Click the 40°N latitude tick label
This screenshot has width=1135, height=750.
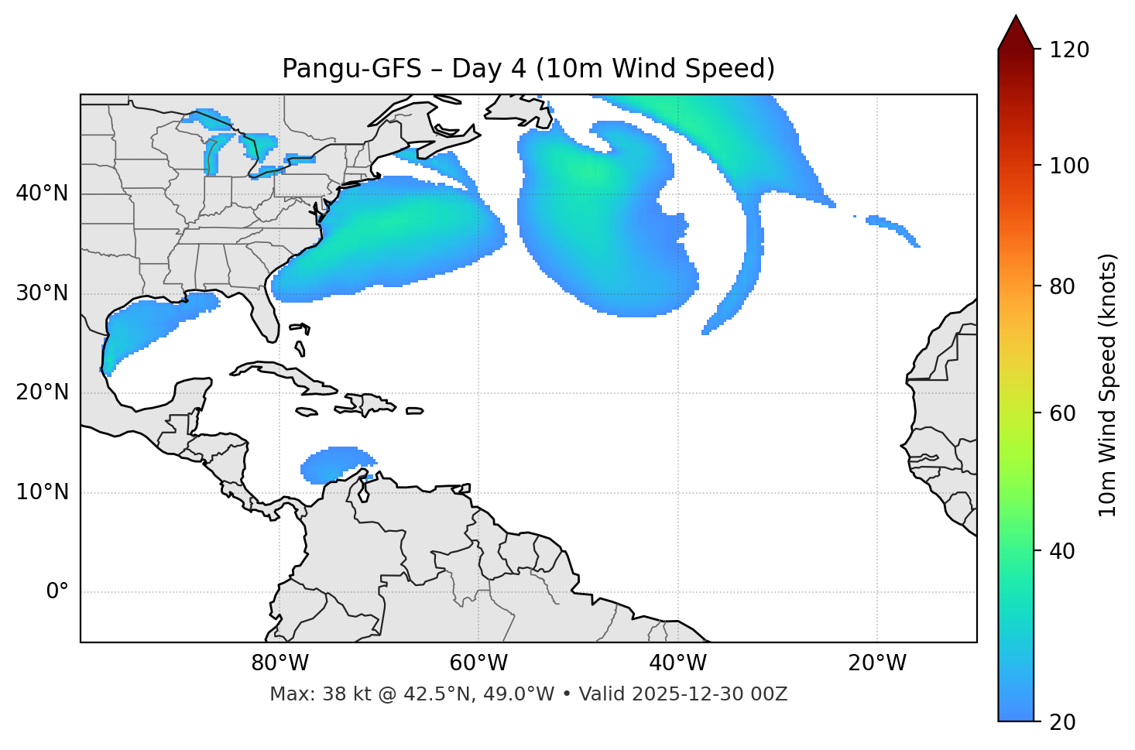coord(42,193)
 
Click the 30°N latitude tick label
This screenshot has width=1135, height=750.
coord(42,293)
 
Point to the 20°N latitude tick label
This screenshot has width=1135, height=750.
coord(42,392)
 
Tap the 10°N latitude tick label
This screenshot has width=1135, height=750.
coord(42,492)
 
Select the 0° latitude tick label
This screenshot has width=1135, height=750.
coord(57,592)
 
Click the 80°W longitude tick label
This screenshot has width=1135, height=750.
coord(279,663)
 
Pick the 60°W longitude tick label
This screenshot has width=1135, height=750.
coord(478,663)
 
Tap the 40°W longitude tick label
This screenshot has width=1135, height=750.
coord(677,663)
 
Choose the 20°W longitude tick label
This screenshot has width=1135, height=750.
coord(876,663)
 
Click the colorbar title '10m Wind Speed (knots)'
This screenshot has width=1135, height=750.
coord(1108,385)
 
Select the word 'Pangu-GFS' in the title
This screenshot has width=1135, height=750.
coord(351,69)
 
